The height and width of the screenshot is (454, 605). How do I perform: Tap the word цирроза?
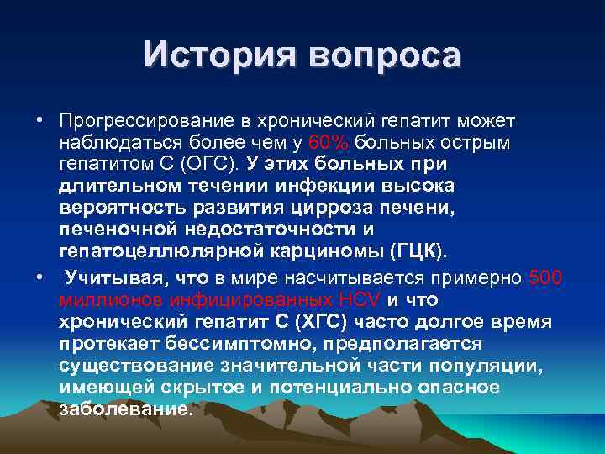328,207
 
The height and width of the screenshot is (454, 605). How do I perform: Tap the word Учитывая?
110,278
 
